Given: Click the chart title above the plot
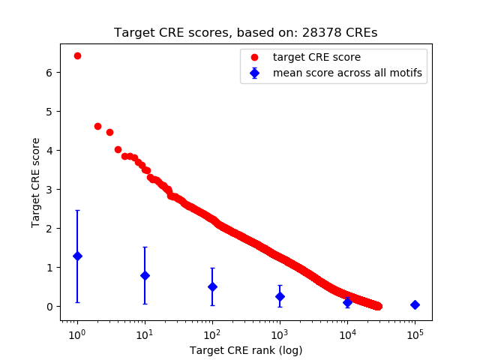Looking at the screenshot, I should [246, 33].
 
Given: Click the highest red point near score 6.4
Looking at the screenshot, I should [77, 56].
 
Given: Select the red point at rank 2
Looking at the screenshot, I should [97, 126].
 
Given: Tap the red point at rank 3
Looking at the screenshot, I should [109, 132].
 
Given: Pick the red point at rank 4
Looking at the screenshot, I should [118, 149].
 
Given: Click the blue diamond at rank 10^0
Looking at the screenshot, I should [77, 256].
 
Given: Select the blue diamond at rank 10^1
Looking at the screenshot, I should [145, 275].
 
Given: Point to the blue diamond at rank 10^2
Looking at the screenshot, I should [212, 286].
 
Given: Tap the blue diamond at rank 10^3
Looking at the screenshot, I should [280, 296].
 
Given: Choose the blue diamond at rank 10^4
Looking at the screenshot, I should [347, 301].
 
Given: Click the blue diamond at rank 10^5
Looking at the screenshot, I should [415, 304].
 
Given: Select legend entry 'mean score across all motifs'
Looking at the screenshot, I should [347, 73].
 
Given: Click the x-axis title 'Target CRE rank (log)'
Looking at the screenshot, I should [246, 349].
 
